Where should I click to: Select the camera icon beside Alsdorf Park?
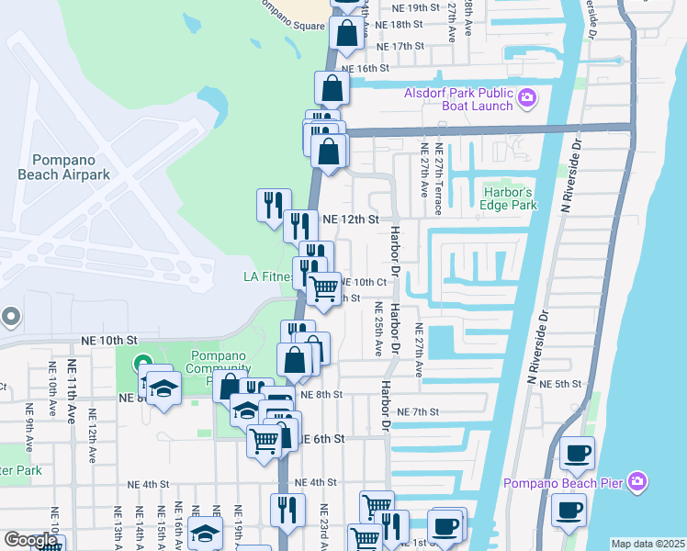pyautogui.click(x=527, y=97)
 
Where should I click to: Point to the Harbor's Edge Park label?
pyautogui.click(x=510, y=198)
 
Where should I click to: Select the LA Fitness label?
pyautogui.click(x=267, y=276)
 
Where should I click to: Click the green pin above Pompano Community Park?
pyautogui.click(x=141, y=365)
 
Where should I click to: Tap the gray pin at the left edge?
pyautogui.click(x=11, y=317)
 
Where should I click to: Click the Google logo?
pyautogui.click(x=30, y=540)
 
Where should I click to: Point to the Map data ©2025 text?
pyautogui.click(x=647, y=544)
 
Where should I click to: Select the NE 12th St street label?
pyautogui.click(x=351, y=219)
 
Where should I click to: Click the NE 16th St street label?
pyautogui.click(x=366, y=68)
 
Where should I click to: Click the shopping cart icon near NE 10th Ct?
pyautogui.click(x=323, y=289)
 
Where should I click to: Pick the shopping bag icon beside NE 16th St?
pyautogui.click(x=332, y=89)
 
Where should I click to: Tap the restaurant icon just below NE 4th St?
pyautogui.click(x=287, y=510)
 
